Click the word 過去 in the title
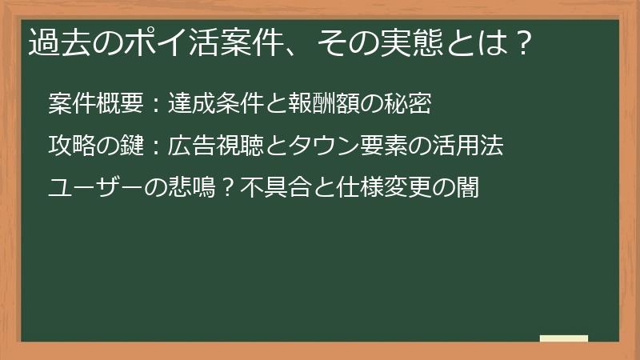[x=54, y=42]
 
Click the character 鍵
[x=131, y=146]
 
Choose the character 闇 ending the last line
[x=467, y=189]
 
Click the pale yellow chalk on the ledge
[x=563, y=338]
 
